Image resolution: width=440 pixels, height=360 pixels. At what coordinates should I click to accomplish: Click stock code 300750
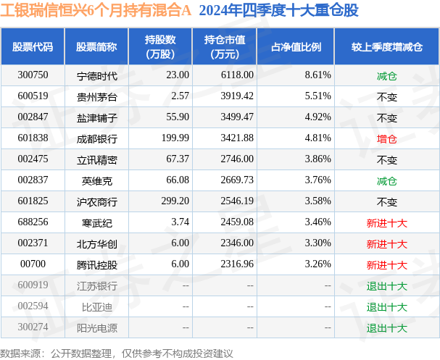point(33,75)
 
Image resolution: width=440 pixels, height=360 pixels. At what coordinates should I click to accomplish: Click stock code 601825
point(33,201)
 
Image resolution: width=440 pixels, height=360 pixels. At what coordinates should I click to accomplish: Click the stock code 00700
point(33,265)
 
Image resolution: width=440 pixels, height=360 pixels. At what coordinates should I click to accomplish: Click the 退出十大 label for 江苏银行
point(386,286)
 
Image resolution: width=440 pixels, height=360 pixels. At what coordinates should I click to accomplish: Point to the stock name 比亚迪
point(91,307)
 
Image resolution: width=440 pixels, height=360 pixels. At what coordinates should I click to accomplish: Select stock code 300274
point(33,328)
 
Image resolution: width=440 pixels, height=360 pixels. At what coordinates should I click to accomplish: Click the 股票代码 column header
point(33,46)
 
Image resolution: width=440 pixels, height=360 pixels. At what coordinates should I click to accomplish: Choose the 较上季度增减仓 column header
point(386,46)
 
